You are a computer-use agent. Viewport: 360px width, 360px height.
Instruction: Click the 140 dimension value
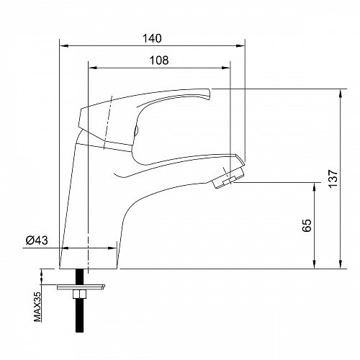click(152, 38)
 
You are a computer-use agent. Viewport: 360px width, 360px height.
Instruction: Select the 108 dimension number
click(159, 60)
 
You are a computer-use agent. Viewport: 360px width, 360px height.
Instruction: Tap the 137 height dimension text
click(333, 179)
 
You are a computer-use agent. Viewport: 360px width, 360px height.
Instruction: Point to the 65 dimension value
click(307, 225)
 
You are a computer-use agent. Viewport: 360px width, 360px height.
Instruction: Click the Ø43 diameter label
click(37, 240)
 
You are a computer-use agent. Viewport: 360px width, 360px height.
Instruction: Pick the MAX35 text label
click(37, 307)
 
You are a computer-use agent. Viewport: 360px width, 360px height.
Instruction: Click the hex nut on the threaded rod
click(79, 294)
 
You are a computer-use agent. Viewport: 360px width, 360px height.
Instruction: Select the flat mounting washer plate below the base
click(81, 287)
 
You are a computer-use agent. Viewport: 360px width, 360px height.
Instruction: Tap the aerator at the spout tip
click(228, 179)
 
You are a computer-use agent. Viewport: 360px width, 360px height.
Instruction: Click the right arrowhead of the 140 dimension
click(240, 45)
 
